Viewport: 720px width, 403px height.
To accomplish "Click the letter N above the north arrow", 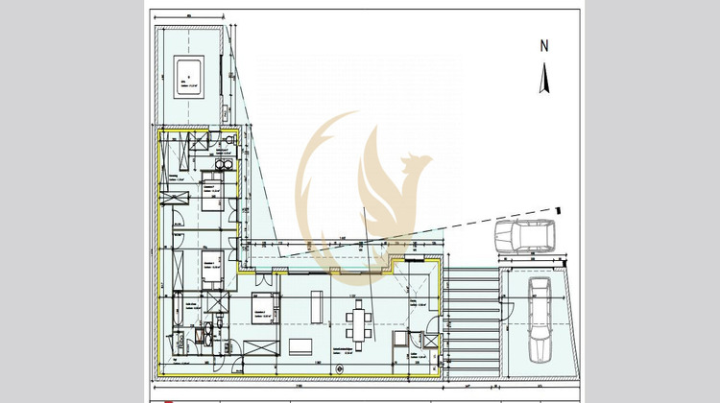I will (543, 45).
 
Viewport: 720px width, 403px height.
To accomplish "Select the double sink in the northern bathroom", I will (223, 164).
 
